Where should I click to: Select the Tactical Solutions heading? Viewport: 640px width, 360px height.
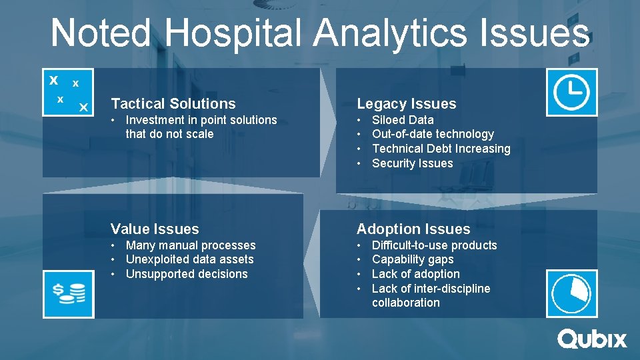[173, 104]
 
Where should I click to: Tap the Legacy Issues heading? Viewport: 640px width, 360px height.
[407, 104]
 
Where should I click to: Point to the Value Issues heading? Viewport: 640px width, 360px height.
[155, 229]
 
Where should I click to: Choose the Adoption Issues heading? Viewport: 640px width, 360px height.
[413, 229]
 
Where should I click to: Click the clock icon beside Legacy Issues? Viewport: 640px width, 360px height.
[571, 92]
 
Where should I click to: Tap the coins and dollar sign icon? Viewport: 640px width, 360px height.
[69, 293]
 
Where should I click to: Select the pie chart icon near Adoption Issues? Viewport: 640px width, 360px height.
[571, 293]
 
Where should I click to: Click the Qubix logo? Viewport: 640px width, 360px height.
[592, 339]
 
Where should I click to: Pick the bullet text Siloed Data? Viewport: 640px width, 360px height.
[403, 120]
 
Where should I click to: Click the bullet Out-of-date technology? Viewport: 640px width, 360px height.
[433, 134]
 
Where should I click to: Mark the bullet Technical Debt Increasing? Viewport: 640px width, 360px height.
[441, 149]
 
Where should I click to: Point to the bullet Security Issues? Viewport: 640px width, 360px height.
[412, 163]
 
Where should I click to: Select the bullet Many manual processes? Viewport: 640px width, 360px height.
[191, 245]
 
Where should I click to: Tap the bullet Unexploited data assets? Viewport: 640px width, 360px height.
[189, 259]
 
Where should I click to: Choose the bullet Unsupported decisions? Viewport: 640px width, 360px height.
[187, 274]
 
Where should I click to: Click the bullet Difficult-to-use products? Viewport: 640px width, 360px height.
[434, 245]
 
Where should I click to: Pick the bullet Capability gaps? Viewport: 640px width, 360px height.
[413, 259]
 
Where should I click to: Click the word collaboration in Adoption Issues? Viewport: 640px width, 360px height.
[406, 303]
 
